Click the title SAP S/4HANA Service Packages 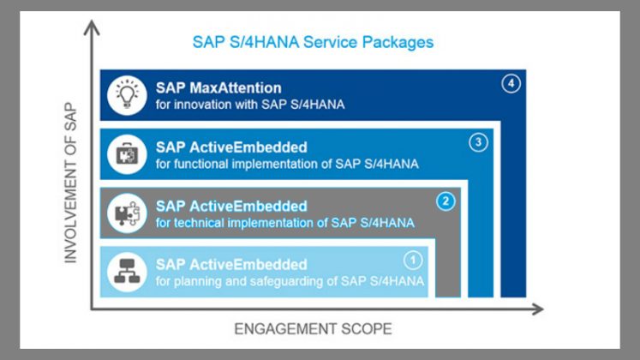click(313, 43)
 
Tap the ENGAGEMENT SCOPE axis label click(313, 329)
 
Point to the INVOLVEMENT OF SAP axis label click(70, 183)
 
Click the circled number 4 click(511, 84)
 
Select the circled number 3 click(478, 142)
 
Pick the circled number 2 click(446, 201)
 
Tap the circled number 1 click(413, 261)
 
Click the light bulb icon click(127, 94)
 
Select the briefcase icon click(127, 154)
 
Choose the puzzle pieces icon click(127, 213)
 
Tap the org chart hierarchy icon click(127, 271)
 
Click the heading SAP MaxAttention click(218, 88)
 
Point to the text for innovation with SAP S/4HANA click(250, 105)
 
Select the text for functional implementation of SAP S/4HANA click(287, 164)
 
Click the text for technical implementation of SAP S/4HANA click(285, 223)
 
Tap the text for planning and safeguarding click(245, 281)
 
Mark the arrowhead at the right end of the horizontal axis click(543, 309)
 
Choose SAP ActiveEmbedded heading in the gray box click(231, 206)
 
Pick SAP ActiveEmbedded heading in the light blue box click(231, 265)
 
